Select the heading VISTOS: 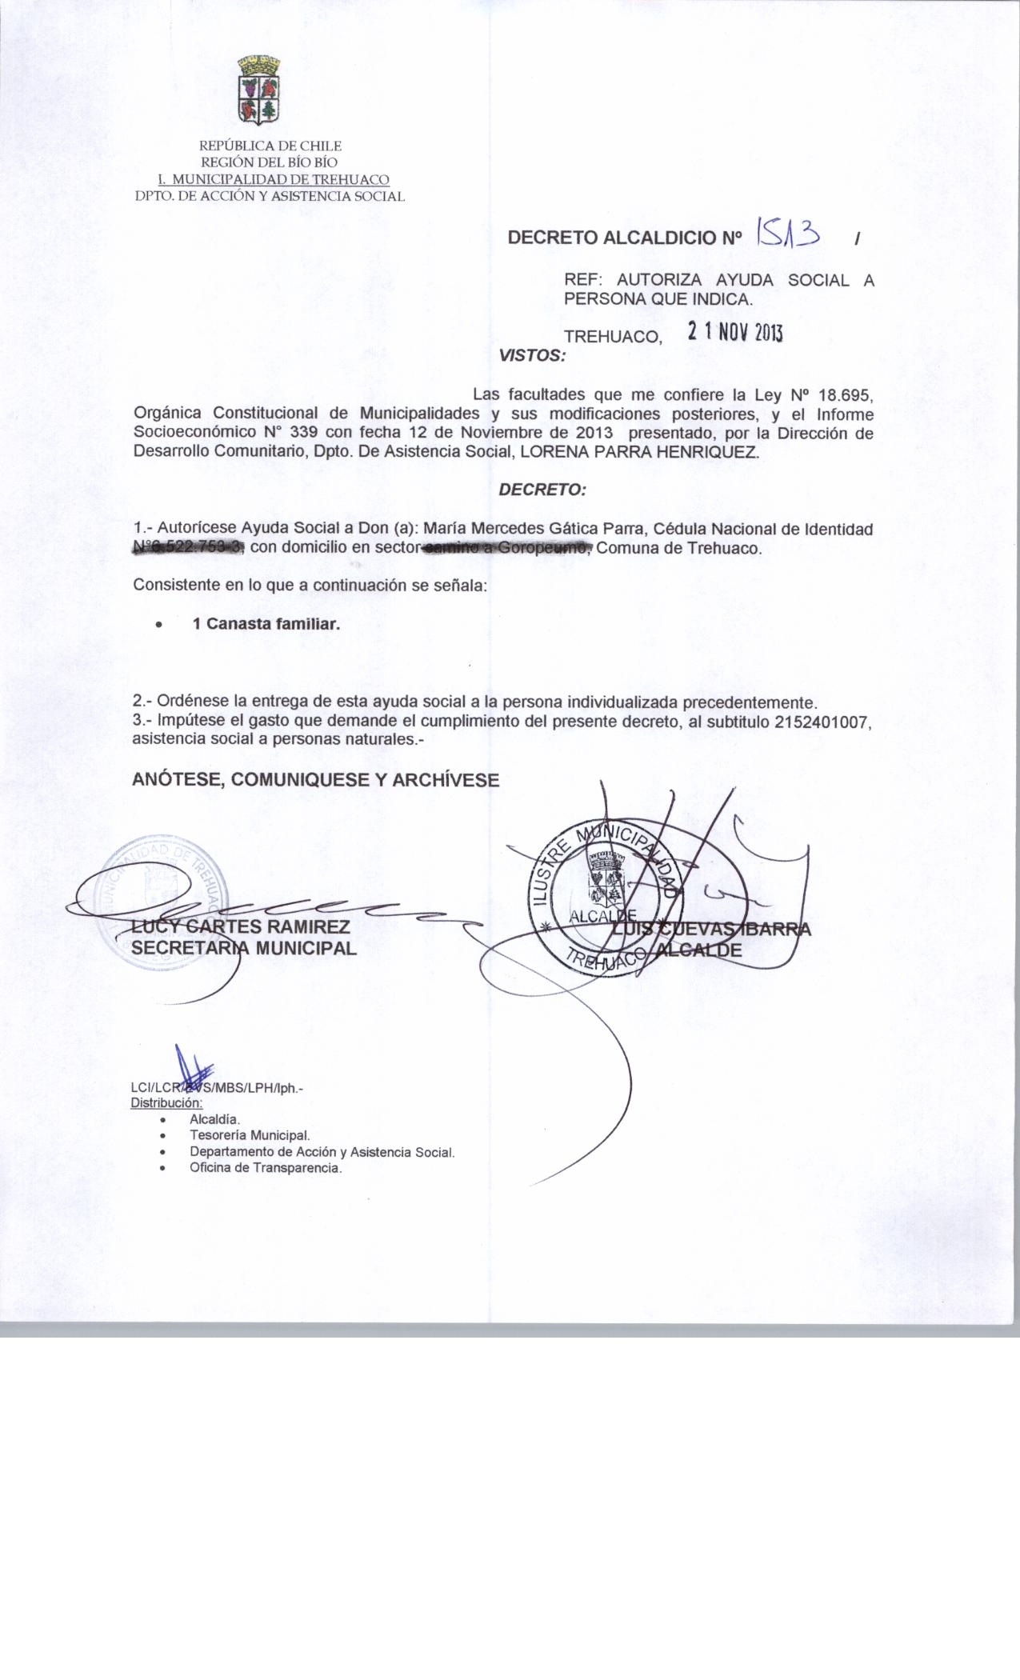(532, 355)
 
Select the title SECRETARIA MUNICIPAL (244, 949)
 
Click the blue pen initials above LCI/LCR (193, 1068)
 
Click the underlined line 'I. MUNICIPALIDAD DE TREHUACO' (273, 180)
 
